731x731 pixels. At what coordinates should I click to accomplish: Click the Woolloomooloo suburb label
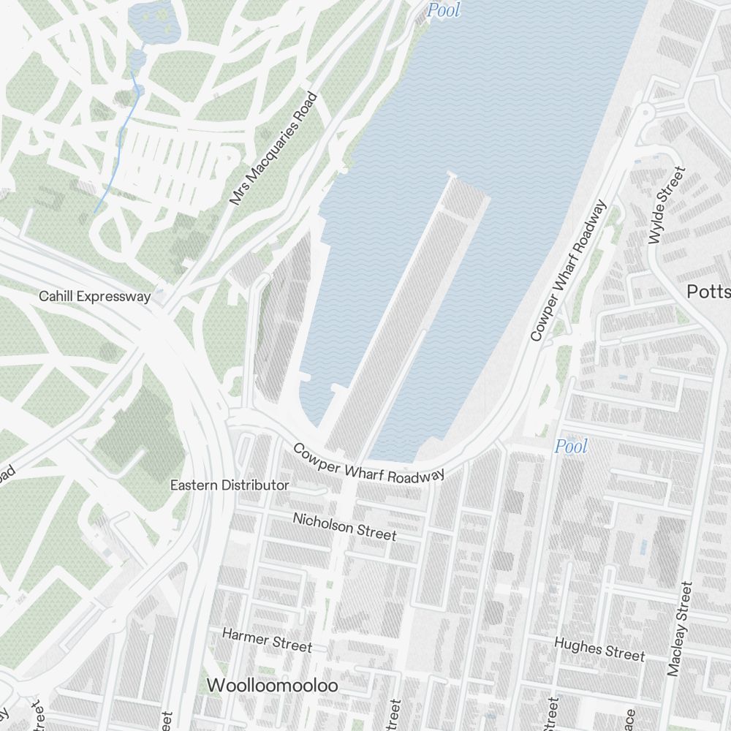tap(273, 686)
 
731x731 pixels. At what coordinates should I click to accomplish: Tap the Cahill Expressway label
tap(95, 296)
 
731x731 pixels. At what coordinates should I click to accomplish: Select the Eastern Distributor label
tap(230, 485)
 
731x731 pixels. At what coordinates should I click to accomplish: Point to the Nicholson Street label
tap(344, 526)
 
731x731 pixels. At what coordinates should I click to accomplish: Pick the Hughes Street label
tap(599, 648)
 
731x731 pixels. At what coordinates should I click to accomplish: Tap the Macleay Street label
tap(679, 629)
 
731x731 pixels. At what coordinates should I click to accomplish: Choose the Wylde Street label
tap(667, 205)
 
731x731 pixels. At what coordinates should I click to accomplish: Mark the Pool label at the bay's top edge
tap(444, 10)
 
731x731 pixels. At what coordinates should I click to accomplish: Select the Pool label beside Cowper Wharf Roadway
tap(571, 446)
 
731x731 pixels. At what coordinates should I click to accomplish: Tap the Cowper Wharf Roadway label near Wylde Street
tap(569, 271)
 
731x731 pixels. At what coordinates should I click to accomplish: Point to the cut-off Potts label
tap(708, 292)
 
